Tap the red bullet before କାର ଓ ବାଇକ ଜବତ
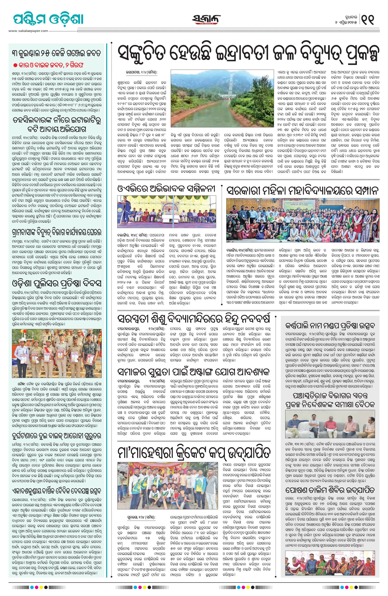(x=15, y=65)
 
